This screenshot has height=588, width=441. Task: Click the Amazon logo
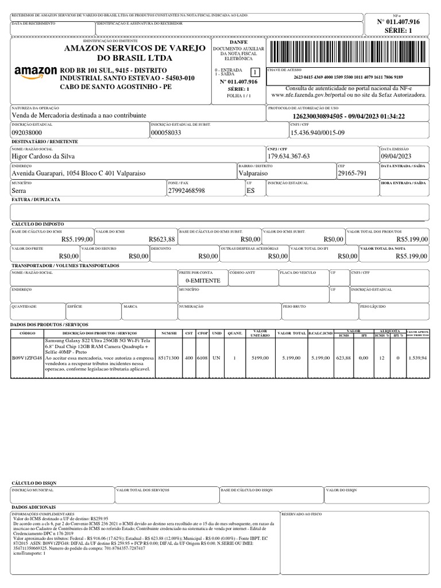(x=35, y=72)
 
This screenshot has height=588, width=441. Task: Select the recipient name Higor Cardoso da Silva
(x=43, y=156)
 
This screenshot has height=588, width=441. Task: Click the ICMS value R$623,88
(x=161, y=239)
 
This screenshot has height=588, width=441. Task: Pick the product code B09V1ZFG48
(x=26, y=358)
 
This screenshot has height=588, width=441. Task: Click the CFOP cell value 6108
(x=203, y=358)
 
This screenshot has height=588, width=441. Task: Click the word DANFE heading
(x=238, y=42)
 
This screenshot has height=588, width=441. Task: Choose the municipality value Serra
(x=20, y=190)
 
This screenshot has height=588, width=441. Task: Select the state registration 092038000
(x=28, y=133)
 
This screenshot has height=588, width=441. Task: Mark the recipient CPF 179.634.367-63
(x=289, y=156)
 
